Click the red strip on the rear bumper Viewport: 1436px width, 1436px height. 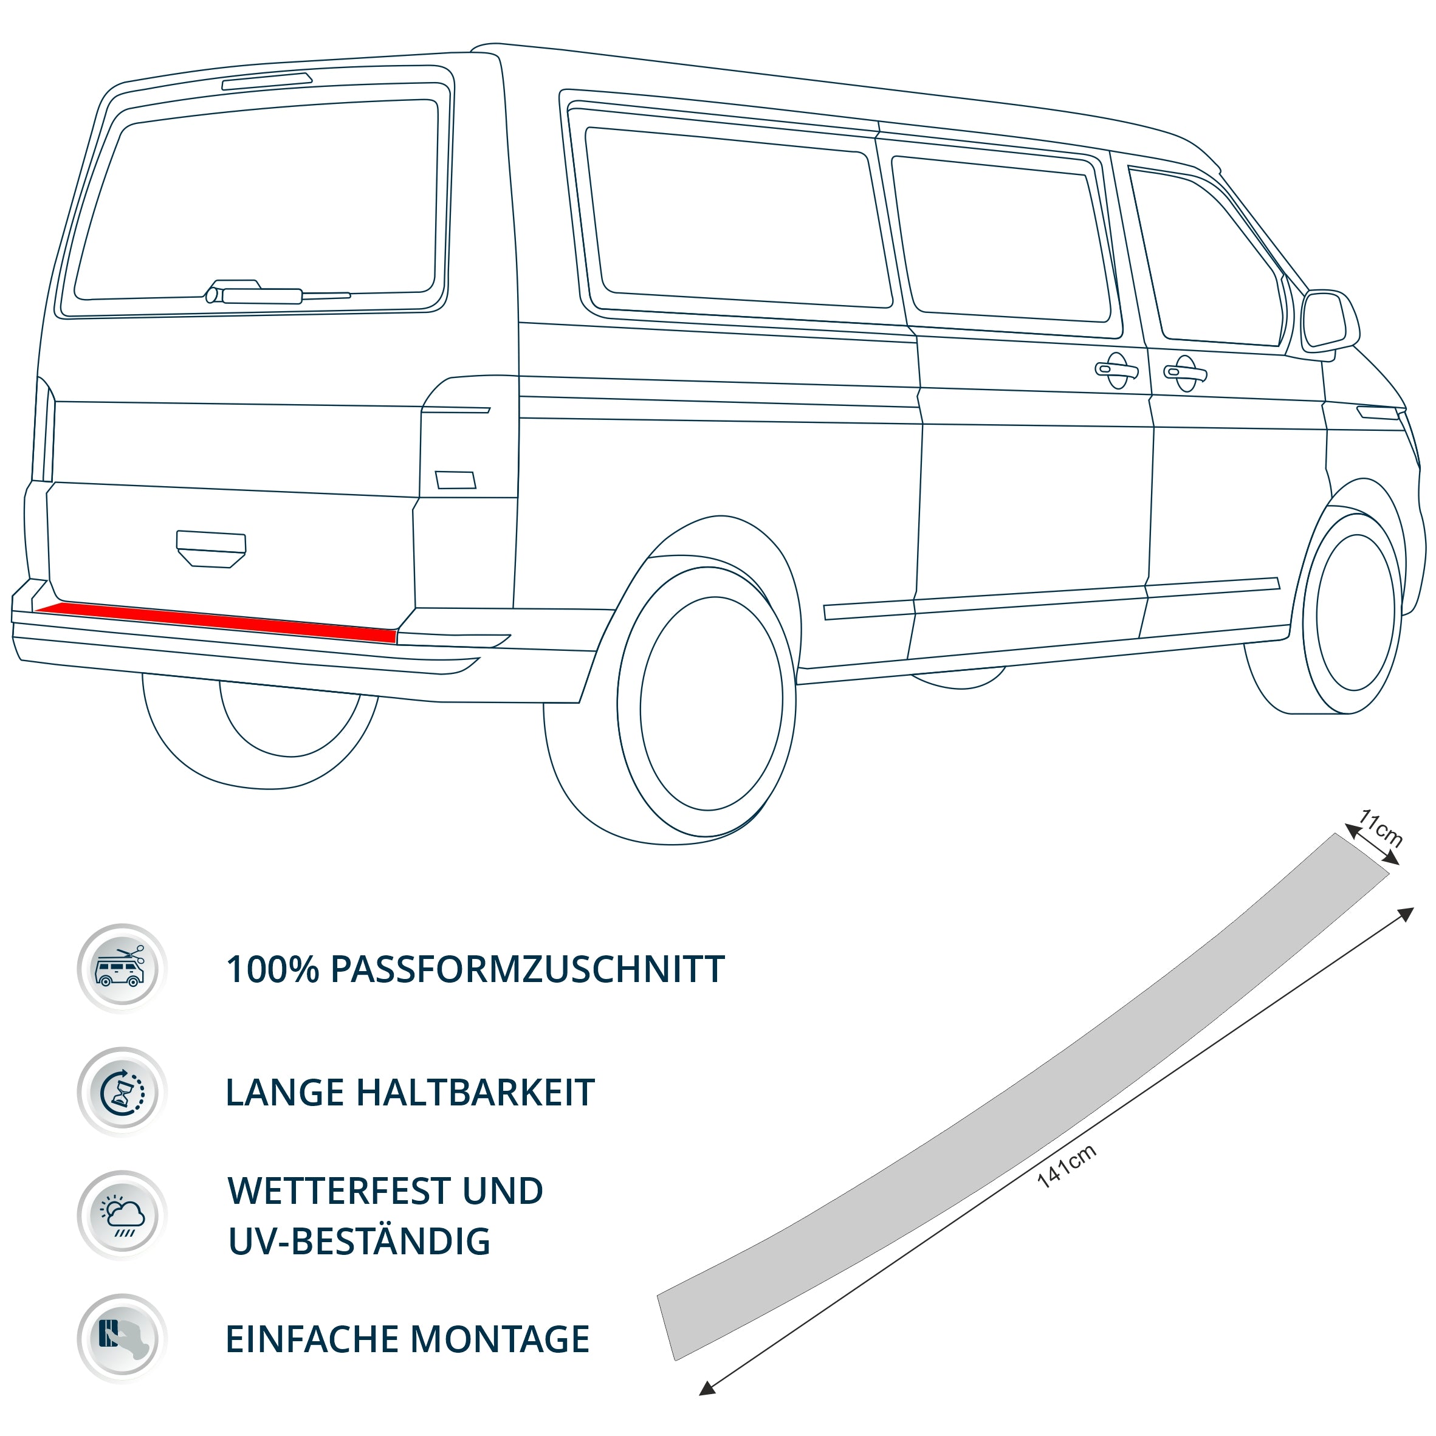(x=216, y=623)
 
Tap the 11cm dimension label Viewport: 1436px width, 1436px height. (x=1380, y=828)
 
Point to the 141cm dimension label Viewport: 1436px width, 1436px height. (x=1067, y=1166)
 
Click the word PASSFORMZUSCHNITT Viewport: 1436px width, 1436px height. (x=527, y=970)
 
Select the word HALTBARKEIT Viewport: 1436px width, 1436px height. (x=476, y=1093)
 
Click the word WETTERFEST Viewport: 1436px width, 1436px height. (x=338, y=1192)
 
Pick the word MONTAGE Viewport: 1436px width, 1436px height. (x=500, y=1339)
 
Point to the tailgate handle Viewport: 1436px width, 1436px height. (x=211, y=549)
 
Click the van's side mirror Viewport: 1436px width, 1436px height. (x=1330, y=321)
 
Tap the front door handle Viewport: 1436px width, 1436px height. (x=1185, y=373)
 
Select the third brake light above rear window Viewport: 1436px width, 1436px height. (x=267, y=81)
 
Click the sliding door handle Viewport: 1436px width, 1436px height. (x=1116, y=370)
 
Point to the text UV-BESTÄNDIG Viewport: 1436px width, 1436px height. (x=359, y=1242)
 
